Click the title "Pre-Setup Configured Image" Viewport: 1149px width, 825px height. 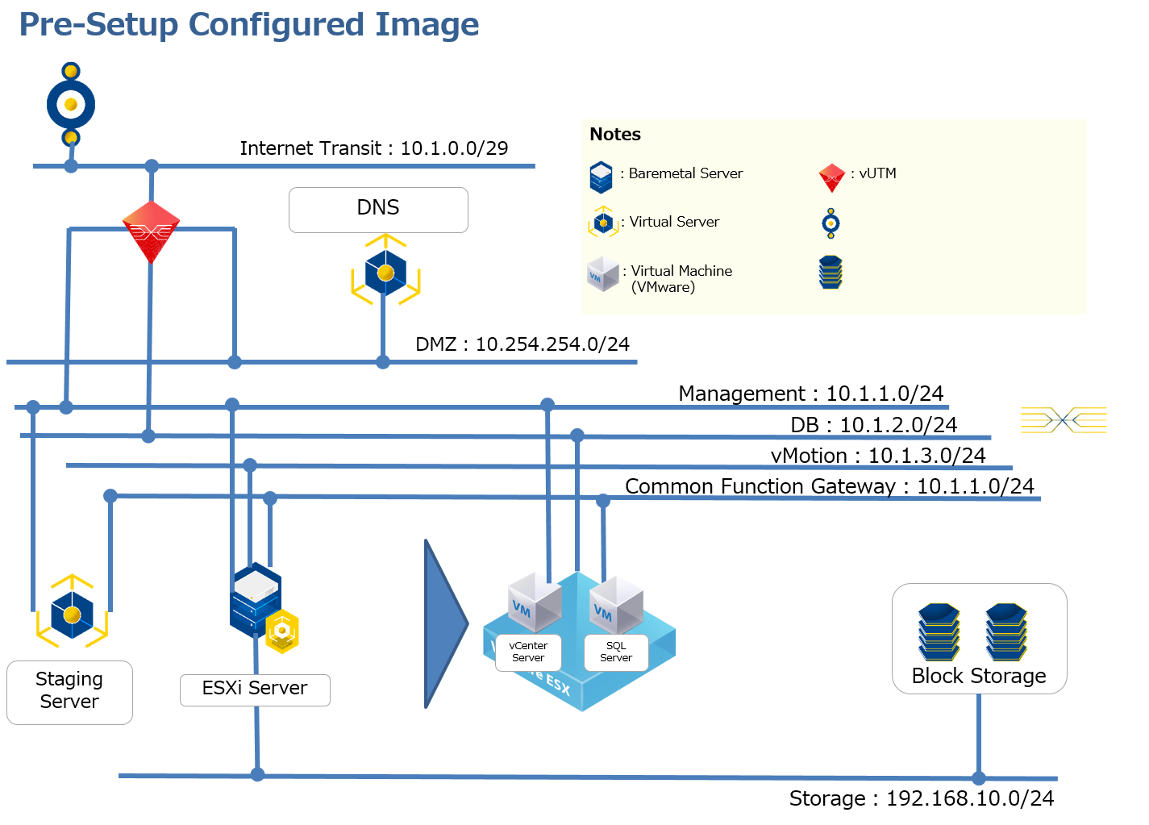click(x=248, y=24)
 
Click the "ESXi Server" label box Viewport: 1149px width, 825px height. click(x=255, y=690)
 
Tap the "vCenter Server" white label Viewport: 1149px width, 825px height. click(x=528, y=652)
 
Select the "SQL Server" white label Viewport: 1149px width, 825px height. click(x=616, y=652)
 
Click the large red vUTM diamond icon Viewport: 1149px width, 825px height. click(x=151, y=231)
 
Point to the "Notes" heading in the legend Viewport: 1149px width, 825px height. click(x=615, y=135)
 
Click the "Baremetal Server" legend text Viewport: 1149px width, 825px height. click(x=685, y=173)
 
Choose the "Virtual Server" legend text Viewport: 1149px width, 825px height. click(x=674, y=222)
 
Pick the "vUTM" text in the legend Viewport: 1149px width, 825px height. click(x=877, y=173)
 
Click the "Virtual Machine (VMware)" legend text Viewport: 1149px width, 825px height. click(x=681, y=278)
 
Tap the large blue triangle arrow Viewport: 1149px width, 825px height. click(x=444, y=623)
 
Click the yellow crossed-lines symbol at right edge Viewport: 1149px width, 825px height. click(x=1064, y=419)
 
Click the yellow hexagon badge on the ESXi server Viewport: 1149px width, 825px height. click(x=282, y=631)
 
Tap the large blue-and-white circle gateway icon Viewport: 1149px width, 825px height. click(x=71, y=105)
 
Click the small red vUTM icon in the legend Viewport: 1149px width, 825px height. click(x=831, y=177)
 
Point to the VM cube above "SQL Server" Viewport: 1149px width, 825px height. click(x=617, y=603)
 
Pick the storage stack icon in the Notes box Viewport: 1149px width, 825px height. click(x=831, y=273)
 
